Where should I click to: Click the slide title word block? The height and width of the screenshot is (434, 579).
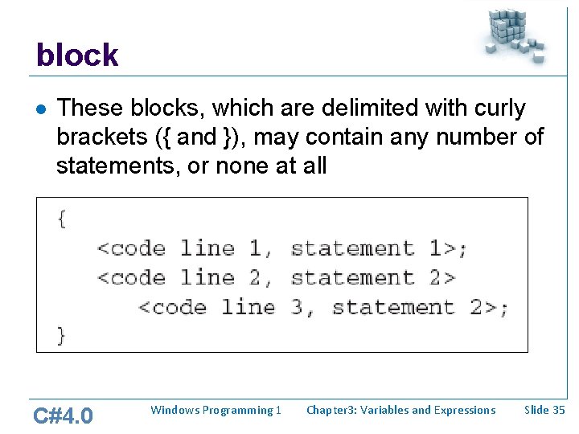(77, 55)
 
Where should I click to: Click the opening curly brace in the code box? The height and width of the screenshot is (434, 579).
(61, 219)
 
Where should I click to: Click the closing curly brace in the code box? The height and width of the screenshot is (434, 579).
(61, 335)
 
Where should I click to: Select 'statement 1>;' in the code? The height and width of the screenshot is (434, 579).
(379, 248)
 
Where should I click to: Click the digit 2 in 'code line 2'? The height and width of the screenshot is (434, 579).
(256, 278)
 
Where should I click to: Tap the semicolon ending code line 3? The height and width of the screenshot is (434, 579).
(503, 308)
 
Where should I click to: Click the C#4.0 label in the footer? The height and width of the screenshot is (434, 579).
(63, 416)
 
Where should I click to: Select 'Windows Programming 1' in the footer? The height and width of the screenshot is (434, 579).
(216, 410)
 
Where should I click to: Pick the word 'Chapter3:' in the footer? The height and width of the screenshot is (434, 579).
(331, 410)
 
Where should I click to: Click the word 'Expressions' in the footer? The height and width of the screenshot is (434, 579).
(465, 410)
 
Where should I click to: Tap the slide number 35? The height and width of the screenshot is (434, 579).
(558, 410)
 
